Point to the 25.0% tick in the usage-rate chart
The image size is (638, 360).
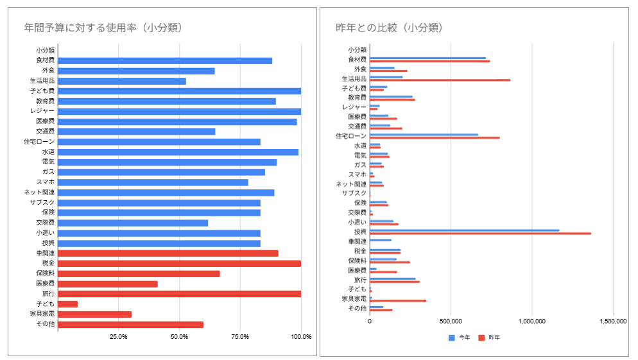click(117, 336)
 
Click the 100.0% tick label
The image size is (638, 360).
click(301, 336)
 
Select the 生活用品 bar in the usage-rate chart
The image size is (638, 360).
click(122, 81)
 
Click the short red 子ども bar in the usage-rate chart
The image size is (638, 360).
click(67, 304)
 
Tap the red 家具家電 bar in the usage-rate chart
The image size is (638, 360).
click(94, 314)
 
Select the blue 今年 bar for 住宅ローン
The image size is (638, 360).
click(424, 135)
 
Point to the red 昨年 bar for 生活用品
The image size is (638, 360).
click(440, 80)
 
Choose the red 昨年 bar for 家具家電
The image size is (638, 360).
click(398, 300)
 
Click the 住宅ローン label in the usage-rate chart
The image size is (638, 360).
click(42, 141)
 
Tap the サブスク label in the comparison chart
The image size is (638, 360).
click(354, 193)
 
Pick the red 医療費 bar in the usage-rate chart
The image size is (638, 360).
click(108, 284)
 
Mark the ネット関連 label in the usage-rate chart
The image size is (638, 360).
click(40, 193)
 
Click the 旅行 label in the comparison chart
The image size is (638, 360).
click(359, 279)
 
